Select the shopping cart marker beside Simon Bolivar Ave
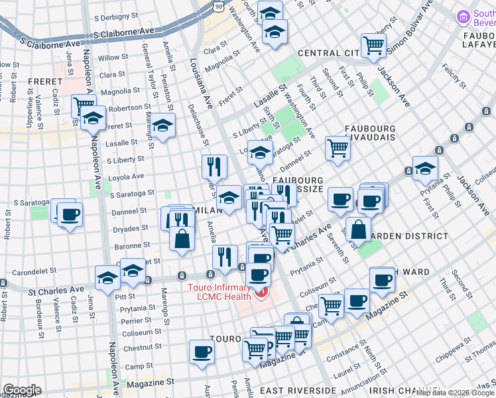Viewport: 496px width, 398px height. click(x=373, y=45)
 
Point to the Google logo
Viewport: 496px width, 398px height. click(x=22, y=389)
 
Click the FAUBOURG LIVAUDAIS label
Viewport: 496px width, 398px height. click(x=370, y=132)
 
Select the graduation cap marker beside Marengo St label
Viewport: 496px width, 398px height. click(x=162, y=124)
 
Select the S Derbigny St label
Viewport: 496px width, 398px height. click(x=119, y=18)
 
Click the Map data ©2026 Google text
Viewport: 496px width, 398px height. click(x=455, y=393)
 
